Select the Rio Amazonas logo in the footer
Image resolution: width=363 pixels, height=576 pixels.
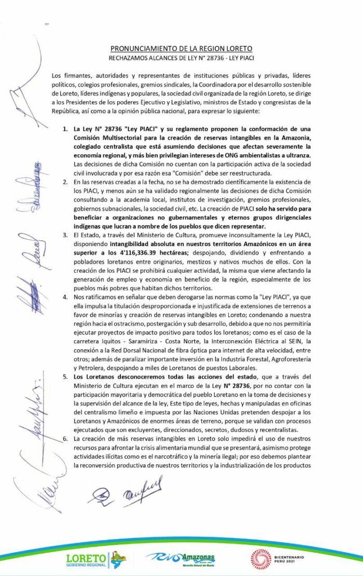(180, 559)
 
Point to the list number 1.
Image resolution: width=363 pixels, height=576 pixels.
(65, 128)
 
